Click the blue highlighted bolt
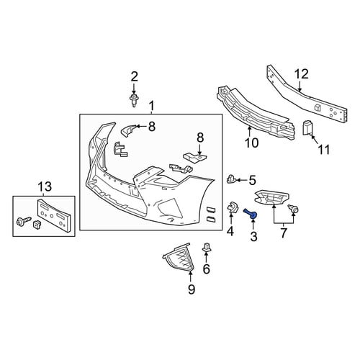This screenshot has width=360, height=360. tap(251, 214)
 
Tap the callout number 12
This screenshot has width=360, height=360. tap(302, 74)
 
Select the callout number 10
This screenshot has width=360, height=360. tap(251, 143)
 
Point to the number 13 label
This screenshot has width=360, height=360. tap(45, 186)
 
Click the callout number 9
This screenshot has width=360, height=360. tap(192, 289)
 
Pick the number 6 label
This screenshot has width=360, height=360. tap(207, 269)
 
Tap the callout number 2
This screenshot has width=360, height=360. tap(134, 76)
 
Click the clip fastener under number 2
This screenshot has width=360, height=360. tap(134, 101)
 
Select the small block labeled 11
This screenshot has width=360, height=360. tap(307, 127)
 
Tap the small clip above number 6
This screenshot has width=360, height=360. tap(207, 248)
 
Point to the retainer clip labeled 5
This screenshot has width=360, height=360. tap(231, 179)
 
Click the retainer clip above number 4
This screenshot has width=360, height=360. tap(233, 207)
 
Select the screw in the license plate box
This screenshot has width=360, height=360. tap(23, 220)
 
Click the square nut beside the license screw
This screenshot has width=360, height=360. tap(36, 224)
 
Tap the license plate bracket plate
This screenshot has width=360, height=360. tap(53, 215)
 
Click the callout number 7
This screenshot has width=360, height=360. tap(284, 233)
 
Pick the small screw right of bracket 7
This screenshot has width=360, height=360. tap(293, 209)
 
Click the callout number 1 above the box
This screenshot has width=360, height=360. tap(151, 106)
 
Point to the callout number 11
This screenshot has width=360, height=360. tap(324, 150)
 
